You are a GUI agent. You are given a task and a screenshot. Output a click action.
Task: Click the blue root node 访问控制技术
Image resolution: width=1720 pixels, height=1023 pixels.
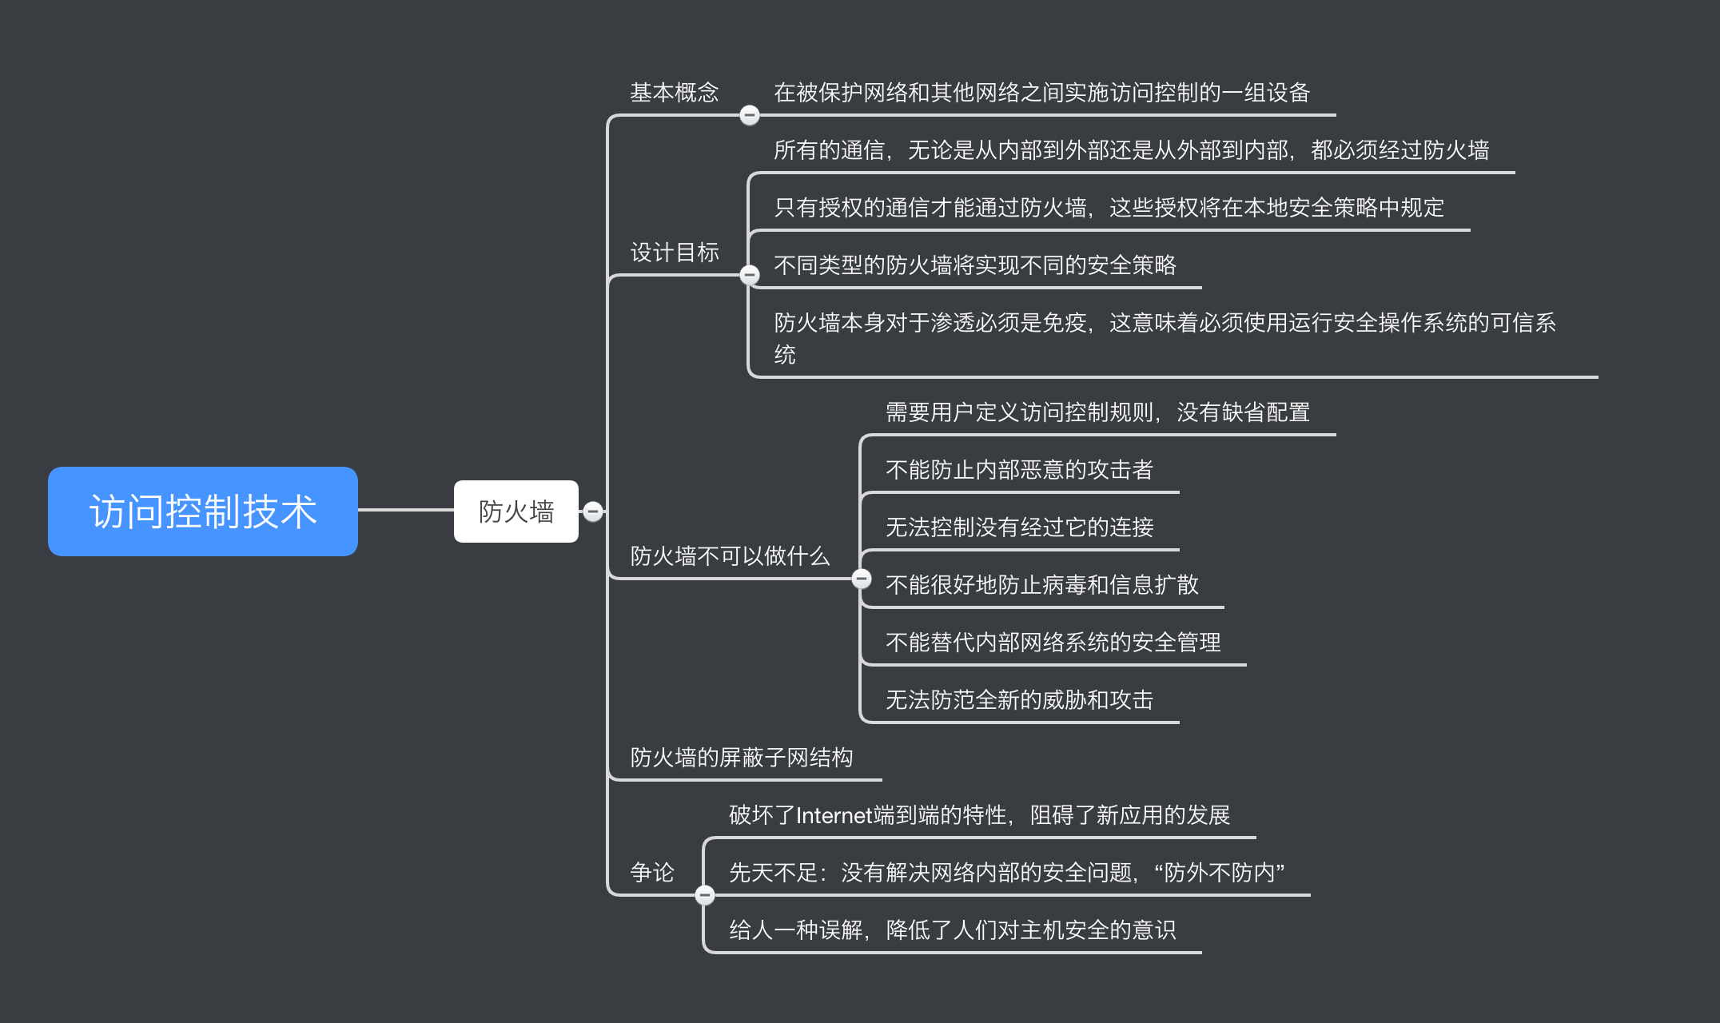(x=202, y=511)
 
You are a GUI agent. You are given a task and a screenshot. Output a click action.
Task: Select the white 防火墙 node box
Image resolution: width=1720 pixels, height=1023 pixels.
(x=516, y=511)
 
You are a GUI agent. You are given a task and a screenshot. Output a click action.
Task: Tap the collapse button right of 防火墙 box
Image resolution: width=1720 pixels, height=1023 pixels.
(x=593, y=511)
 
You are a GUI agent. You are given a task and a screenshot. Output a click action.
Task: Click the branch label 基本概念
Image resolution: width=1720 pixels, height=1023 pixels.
(x=674, y=93)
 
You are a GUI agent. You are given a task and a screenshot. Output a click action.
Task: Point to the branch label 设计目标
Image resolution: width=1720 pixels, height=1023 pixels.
(x=674, y=253)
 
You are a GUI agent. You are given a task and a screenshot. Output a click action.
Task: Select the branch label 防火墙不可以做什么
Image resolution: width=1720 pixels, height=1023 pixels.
(x=730, y=556)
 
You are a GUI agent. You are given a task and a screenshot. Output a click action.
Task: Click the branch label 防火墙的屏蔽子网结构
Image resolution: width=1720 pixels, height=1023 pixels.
(x=741, y=758)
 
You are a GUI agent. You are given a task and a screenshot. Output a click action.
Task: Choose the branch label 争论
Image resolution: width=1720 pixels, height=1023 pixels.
(x=652, y=873)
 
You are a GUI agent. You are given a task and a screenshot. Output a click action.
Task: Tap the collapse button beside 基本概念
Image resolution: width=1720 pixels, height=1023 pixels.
(x=749, y=115)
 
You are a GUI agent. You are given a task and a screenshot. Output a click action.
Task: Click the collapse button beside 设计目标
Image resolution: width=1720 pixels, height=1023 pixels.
(x=749, y=275)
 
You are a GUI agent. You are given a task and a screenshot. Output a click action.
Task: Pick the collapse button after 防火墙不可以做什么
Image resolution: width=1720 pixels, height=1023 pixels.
(x=862, y=579)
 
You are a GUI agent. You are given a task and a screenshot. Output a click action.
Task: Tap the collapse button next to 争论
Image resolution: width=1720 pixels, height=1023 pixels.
(x=704, y=895)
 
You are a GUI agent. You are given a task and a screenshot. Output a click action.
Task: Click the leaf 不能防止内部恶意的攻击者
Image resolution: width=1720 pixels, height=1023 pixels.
(x=1019, y=470)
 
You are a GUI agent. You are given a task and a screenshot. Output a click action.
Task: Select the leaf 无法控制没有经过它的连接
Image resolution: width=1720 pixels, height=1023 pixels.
(x=1019, y=527)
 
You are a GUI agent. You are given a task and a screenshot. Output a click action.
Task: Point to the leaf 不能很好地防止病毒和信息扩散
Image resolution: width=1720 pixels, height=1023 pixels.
(x=1041, y=585)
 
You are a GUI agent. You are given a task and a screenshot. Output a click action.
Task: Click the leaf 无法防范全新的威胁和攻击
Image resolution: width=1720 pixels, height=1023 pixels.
(x=1019, y=700)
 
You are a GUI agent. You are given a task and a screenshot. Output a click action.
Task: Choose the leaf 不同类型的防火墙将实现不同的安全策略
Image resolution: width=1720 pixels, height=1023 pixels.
(x=974, y=265)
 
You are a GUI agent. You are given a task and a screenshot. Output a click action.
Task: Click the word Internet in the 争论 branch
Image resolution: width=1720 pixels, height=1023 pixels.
(x=834, y=815)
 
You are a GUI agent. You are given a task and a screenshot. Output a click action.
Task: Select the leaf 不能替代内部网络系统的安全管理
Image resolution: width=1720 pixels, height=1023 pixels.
(x=1053, y=643)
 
